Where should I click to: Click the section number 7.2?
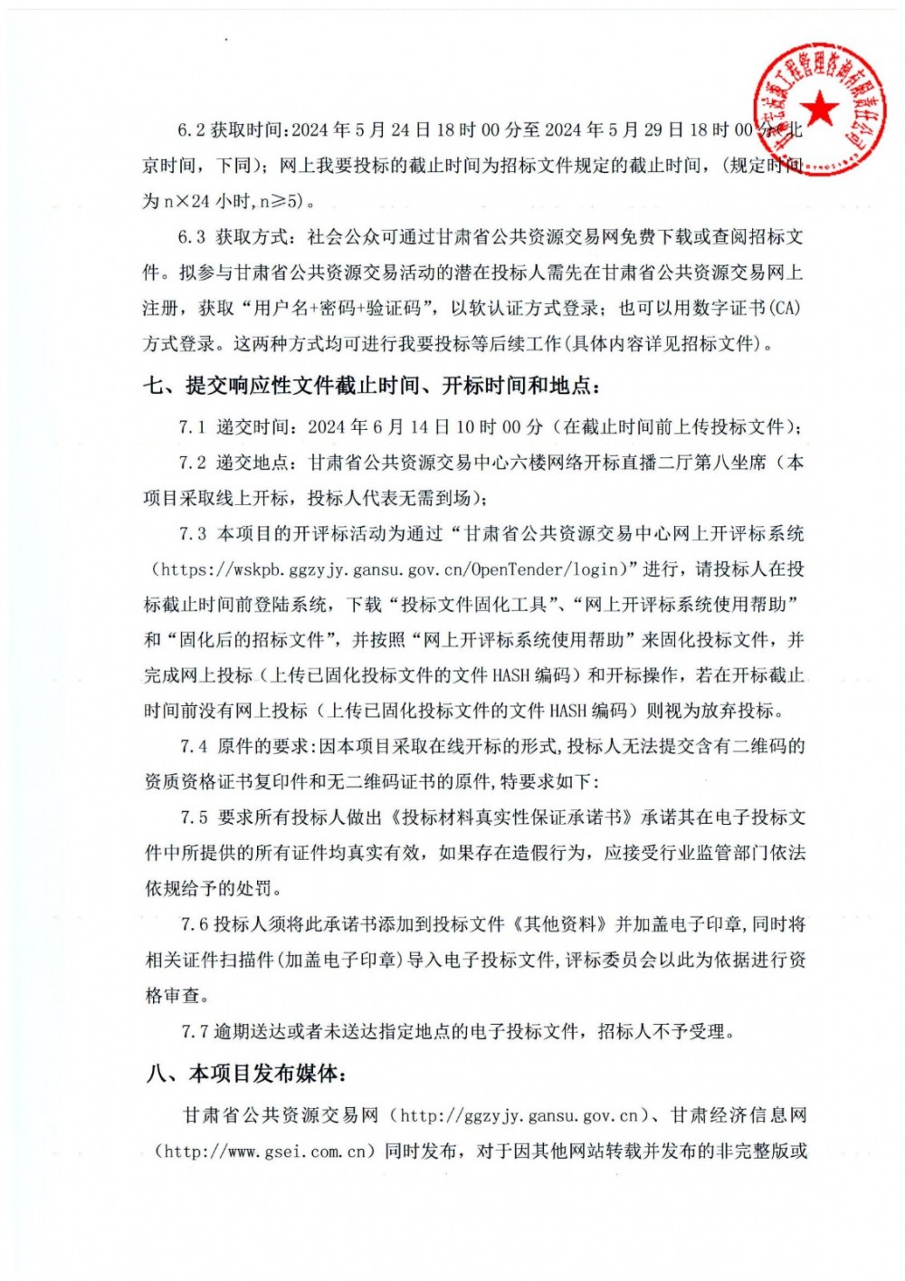[193, 463]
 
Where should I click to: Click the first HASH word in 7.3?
[510, 675]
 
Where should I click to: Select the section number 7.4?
[194, 747]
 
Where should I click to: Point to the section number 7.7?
[195, 1031]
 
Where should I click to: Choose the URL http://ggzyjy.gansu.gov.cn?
[519, 1115]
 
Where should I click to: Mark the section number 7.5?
[194, 817]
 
